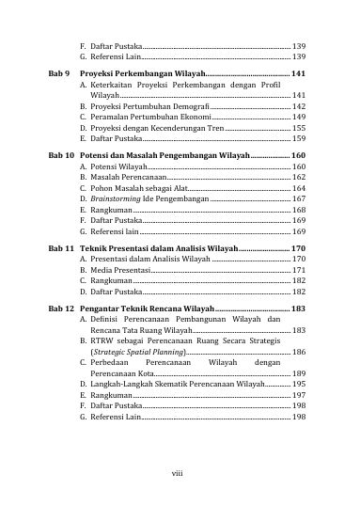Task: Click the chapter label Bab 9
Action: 60,72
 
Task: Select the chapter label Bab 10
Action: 62,155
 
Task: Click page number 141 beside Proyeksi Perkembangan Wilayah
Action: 298,72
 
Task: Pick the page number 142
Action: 298,107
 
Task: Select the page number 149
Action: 298,118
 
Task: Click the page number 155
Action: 298,128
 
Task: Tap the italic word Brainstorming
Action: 117,198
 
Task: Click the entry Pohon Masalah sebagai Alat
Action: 132,188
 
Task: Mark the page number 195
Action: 298,385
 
